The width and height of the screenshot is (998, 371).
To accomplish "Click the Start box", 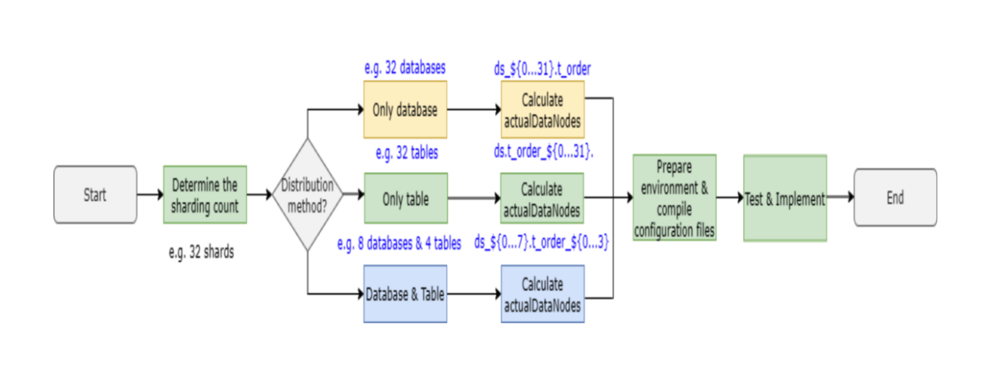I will [95, 195].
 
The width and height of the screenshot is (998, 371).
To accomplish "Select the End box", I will [895, 197].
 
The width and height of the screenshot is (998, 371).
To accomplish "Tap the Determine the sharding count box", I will [205, 195].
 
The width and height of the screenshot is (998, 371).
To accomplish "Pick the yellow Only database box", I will [405, 110].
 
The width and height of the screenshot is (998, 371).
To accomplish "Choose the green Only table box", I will [405, 198].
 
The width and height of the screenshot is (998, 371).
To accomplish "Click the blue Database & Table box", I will [405, 294].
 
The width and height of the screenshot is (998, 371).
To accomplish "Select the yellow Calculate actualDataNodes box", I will [542, 110].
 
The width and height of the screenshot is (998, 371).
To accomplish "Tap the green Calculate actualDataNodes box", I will [542, 198].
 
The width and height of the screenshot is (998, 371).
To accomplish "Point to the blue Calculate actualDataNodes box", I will [542, 294].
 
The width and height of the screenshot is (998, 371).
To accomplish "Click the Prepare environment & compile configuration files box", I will [674, 197].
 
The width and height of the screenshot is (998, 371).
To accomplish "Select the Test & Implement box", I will [785, 198].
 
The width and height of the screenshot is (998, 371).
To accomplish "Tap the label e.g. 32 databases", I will [405, 69].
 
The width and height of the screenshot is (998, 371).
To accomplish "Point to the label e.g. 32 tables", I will [407, 153].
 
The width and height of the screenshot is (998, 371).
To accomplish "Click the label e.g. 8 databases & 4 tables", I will [399, 243].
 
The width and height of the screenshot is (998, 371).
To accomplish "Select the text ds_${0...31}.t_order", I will [542, 69].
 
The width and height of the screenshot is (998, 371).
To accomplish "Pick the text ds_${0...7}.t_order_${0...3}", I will [542, 243].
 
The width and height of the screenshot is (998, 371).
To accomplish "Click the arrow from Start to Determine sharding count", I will [150, 195].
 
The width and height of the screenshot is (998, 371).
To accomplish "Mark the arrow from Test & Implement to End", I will [841, 197].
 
